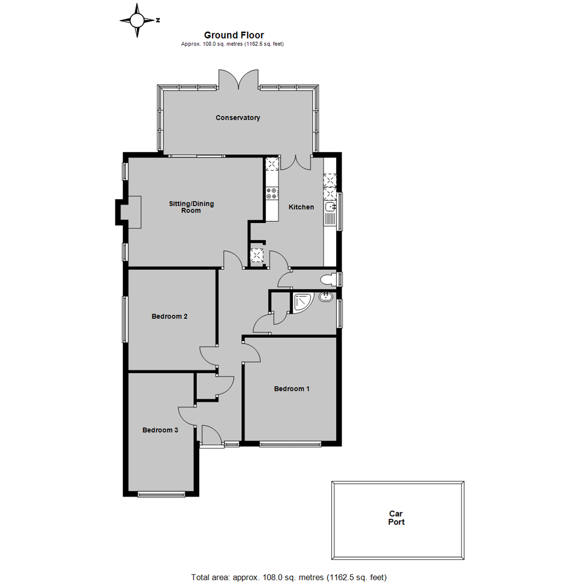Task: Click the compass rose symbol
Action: coord(137,21)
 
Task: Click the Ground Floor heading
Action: coord(233,35)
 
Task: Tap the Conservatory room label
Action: coord(238,118)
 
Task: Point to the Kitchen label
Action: coord(301,207)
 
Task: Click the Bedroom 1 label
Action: coord(292,389)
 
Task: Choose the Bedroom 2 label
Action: coord(170,316)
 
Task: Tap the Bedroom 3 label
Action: coord(160,430)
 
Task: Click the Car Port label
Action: coord(397,518)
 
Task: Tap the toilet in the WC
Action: coord(327,279)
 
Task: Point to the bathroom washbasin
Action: coord(326,296)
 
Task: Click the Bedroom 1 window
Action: coord(290,445)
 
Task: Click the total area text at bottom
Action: coord(289,577)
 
